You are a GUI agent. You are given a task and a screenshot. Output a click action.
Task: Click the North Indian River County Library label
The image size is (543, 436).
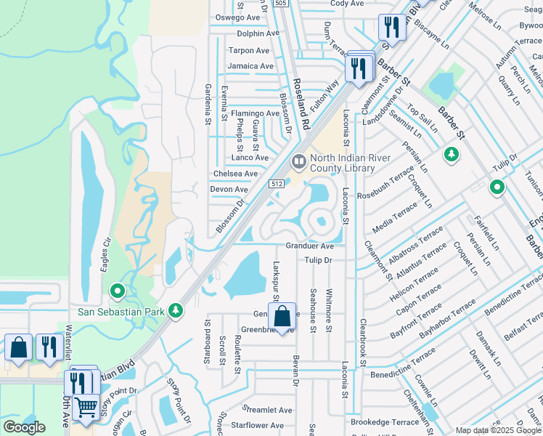(x=351, y=163)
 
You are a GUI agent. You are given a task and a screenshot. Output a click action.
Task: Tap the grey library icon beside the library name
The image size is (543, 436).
(x=298, y=160)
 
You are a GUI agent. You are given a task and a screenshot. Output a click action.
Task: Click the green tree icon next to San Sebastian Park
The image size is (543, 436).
(x=175, y=311)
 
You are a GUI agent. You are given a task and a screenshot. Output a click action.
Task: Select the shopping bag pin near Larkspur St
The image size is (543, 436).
(x=282, y=317)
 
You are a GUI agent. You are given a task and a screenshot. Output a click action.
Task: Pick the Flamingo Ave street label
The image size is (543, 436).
(x=255, y=113)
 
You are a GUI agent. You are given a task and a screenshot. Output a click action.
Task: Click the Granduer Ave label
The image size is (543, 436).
(x=309, y=246)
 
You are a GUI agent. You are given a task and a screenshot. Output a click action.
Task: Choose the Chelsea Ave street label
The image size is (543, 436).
(x=235, y=174)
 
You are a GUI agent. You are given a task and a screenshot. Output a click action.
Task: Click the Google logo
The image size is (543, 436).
(x=24, y=427)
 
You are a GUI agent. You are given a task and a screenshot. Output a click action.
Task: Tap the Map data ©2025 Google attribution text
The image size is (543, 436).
(x=497, y=430)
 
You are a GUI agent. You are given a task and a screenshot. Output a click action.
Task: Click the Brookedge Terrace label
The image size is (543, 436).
(x=385, y=421)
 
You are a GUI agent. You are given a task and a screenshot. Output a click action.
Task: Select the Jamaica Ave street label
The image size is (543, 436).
(x=250, y=66)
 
